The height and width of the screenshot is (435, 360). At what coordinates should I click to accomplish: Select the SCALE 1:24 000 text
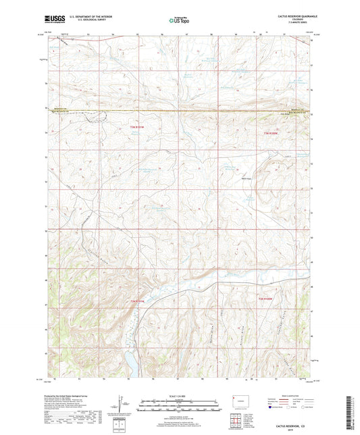tap(180, 395)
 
